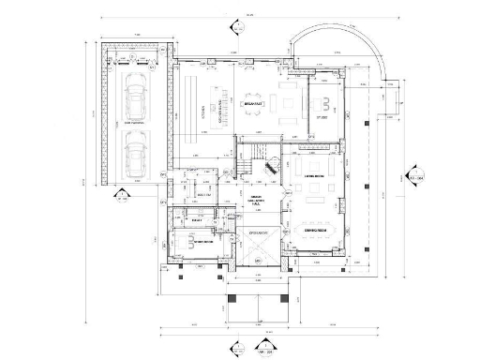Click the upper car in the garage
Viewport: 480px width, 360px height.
136,97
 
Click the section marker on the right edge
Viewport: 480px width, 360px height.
413,177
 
